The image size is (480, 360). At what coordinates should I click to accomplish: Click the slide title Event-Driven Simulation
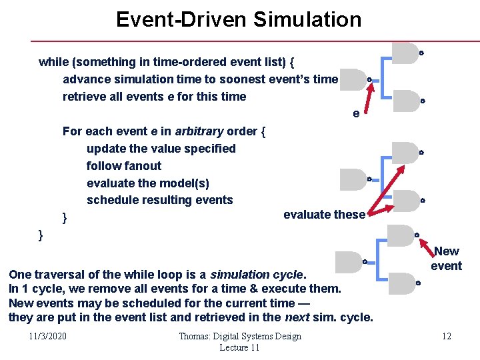click(x=239, y=19)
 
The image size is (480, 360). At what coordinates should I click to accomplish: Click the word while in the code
click(x=54, y=62)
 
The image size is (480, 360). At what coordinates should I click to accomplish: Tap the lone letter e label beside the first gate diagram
click(x=356, y=114)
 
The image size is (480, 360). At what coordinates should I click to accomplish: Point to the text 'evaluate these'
click(x=324, y=215)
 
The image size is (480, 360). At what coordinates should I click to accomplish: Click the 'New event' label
click(x=446, y=259)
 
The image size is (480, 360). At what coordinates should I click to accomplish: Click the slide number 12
click(x=447, y=336)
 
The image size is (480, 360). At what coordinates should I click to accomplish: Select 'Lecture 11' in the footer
click(x=239, y=347)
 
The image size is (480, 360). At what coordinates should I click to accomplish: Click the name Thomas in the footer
click(x=194, y=336)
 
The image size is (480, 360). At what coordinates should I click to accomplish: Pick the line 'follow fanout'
click(x=124, y=166)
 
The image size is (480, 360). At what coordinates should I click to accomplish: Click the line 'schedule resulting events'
click(x=160, y=200)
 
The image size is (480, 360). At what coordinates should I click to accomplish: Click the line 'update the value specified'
click(x=161, y=149)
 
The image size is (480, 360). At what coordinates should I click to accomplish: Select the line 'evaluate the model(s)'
click(x=148, y=183)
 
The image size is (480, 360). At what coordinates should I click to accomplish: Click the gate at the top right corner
click(x=404, y=53)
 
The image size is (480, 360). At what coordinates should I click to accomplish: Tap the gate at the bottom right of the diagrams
click(x=401, y=283)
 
